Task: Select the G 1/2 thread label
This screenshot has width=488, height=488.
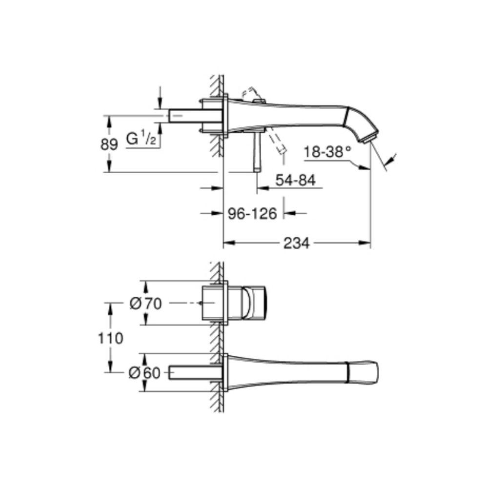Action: click(x=141, y=139)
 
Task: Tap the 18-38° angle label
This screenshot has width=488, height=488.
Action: click(x=327, y=152)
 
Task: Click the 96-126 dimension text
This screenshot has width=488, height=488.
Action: click(x=253, y=213)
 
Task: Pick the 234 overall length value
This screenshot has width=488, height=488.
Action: click(x=297, y=243)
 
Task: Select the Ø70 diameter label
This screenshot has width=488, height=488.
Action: click(x=145, y=304)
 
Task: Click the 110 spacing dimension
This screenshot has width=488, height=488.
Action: click(x=110, y=338)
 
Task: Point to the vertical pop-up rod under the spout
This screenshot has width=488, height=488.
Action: click(x=256, y=151)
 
